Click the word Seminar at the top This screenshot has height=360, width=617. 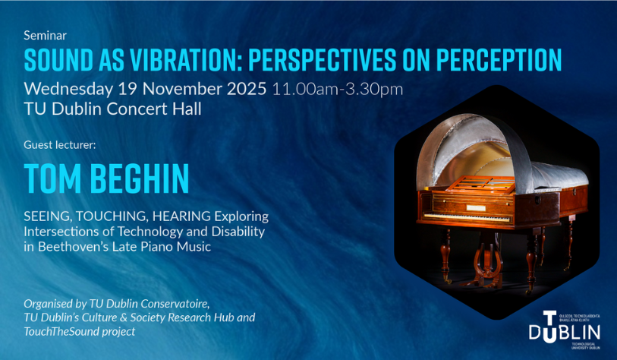[46, 36]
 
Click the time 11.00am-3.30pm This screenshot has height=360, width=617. [338, 88]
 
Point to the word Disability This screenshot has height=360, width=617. [241, 232]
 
